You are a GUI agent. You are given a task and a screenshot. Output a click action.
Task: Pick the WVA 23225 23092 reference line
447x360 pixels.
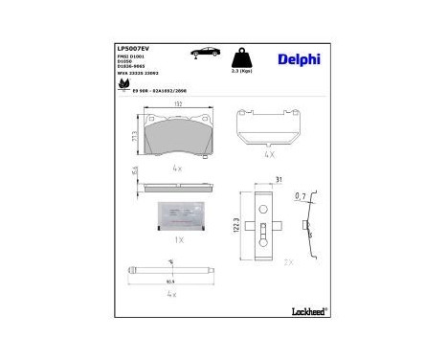click(x=139, y=75)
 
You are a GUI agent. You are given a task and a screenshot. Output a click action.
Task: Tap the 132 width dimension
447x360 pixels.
click(x=178, y=104)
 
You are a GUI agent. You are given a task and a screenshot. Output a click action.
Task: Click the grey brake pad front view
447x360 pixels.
click(x=179, y=130)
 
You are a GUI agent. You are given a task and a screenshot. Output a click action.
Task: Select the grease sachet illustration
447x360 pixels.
click(x=179, y=216)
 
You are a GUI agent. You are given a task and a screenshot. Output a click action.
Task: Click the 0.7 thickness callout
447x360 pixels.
click(x=302, y=196)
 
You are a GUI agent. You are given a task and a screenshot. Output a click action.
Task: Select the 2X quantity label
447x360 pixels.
click(x=287, y=260)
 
